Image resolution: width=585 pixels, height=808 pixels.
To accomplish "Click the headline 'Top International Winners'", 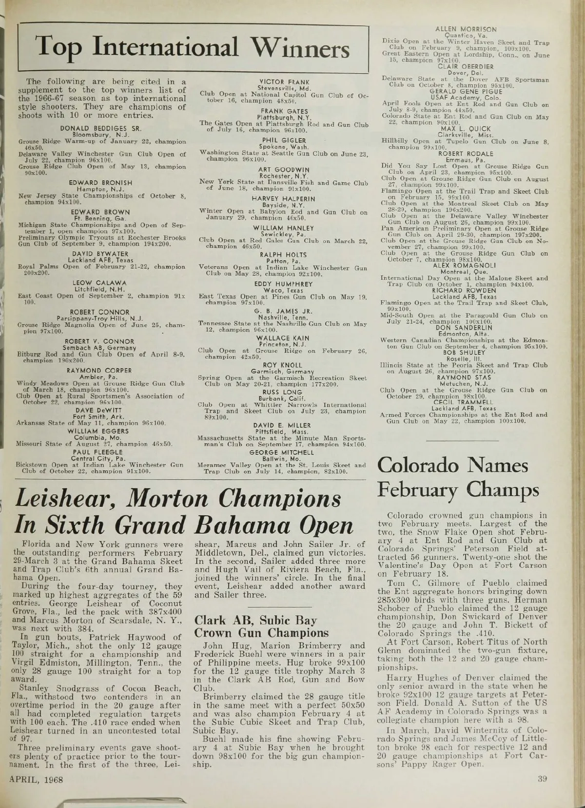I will tap(193, 48).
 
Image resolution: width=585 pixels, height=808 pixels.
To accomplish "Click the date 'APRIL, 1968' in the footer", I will tap(40, 779).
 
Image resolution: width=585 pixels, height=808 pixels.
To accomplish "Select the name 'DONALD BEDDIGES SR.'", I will tap(101, 129).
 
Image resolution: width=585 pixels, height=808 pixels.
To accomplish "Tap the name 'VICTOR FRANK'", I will tap(282, 82).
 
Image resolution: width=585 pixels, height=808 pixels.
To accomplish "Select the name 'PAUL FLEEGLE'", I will tap(100, 451).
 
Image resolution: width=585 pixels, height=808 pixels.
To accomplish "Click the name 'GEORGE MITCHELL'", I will tap(282, 452).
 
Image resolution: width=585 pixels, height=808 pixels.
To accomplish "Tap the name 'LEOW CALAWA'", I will tap(100, 283).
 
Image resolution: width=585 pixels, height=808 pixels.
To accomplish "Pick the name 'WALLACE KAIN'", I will tap(282, 338).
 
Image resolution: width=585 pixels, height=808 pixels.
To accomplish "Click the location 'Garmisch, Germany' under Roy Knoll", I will tap(282, 371).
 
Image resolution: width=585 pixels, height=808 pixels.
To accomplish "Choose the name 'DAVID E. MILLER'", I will tap(282, 425).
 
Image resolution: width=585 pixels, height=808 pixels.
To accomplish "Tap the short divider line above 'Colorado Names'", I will tap(462, 440).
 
